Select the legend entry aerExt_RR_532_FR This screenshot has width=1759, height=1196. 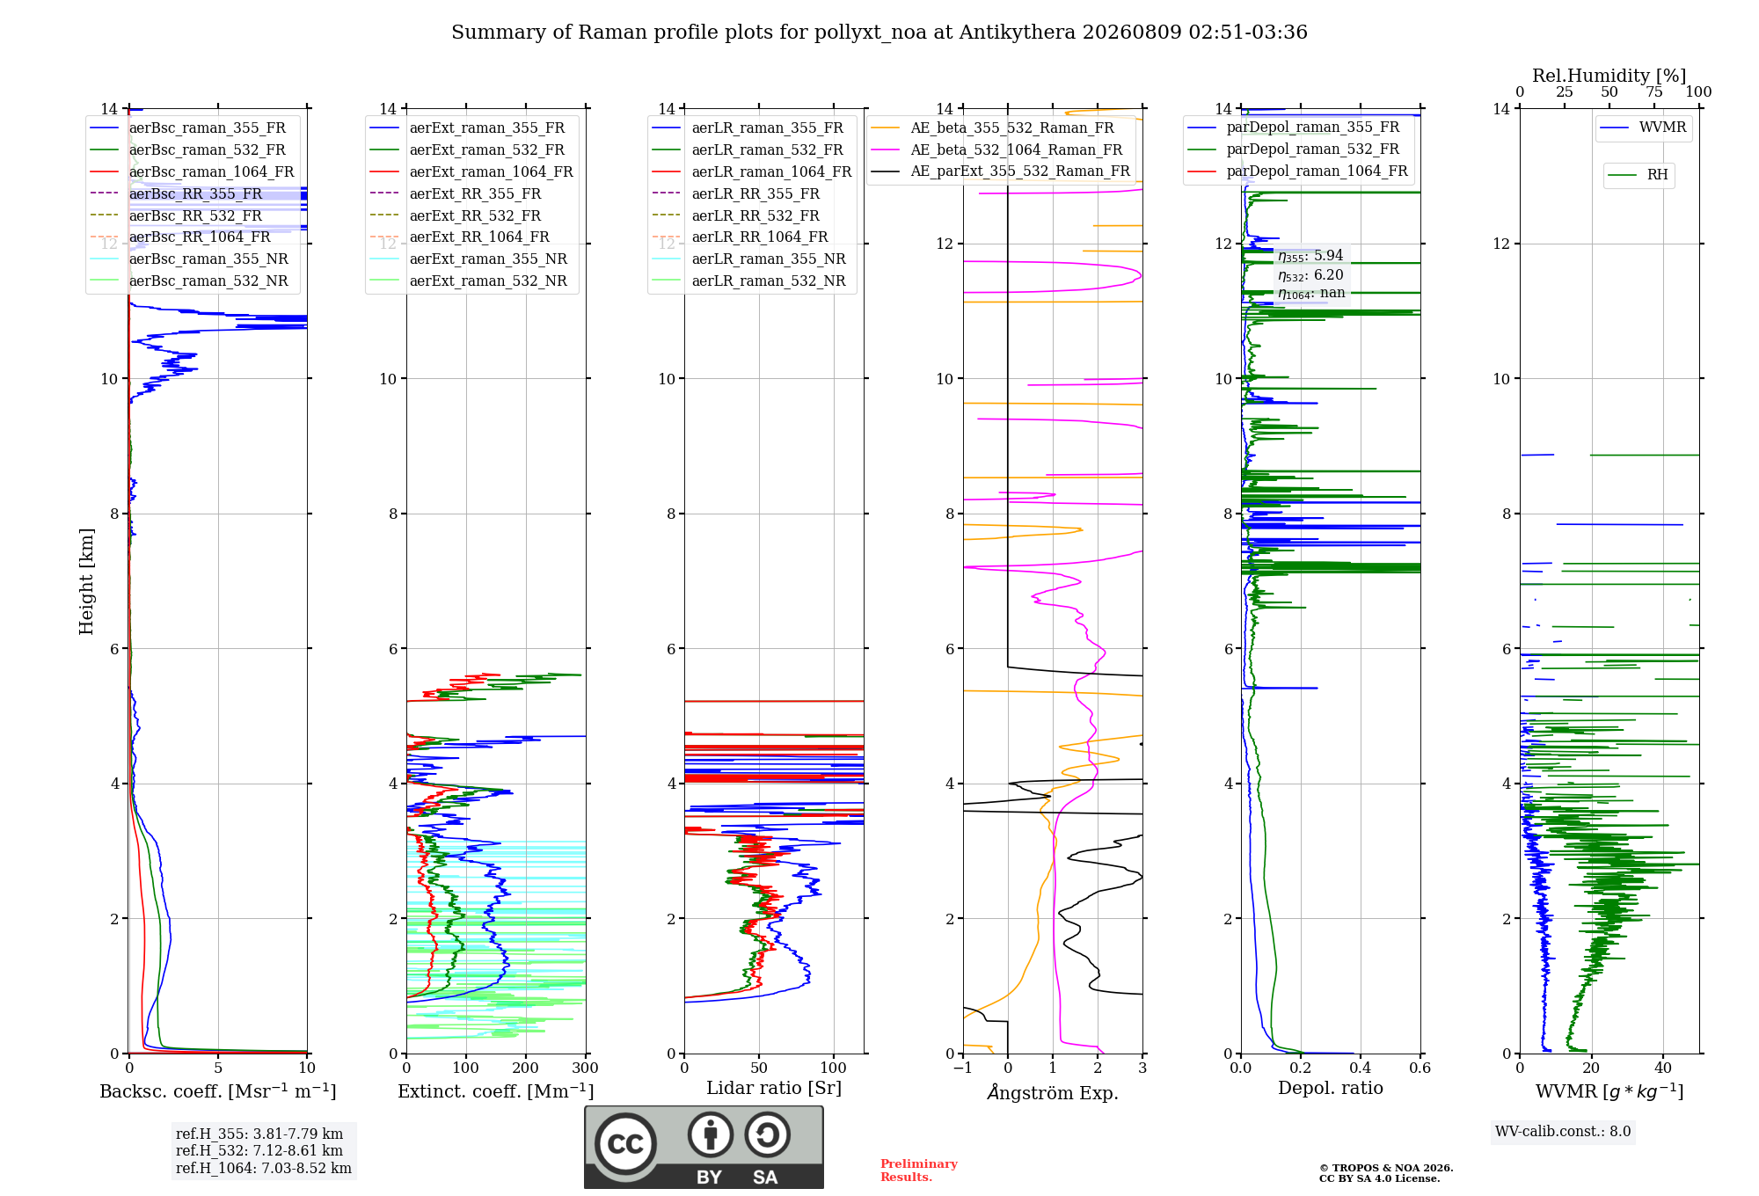click(456, 215)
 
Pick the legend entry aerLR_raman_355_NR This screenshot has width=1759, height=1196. click(748, 259)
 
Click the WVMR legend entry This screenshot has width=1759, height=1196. click(1643, 128)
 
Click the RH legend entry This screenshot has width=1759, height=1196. click(1638, 175)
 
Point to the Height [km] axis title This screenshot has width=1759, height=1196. click(86, 581)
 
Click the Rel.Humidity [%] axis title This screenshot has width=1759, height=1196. click(1609, 76)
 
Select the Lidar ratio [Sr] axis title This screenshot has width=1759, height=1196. click(774, 1088)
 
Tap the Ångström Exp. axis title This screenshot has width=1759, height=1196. click(1053, 1092)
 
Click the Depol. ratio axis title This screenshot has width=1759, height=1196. click(1331, 1088)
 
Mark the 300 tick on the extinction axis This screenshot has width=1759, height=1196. click(585, 1068)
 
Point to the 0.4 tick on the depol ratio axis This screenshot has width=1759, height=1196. click(1360, 1068)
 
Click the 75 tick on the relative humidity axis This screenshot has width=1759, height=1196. click(1654, 91)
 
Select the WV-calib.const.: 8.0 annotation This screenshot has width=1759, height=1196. click(1563, 1132)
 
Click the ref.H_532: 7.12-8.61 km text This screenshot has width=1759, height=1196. click(259, 1150)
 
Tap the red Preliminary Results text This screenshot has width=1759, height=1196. click(919, 1170)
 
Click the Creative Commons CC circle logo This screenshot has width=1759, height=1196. click(625, 1144)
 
